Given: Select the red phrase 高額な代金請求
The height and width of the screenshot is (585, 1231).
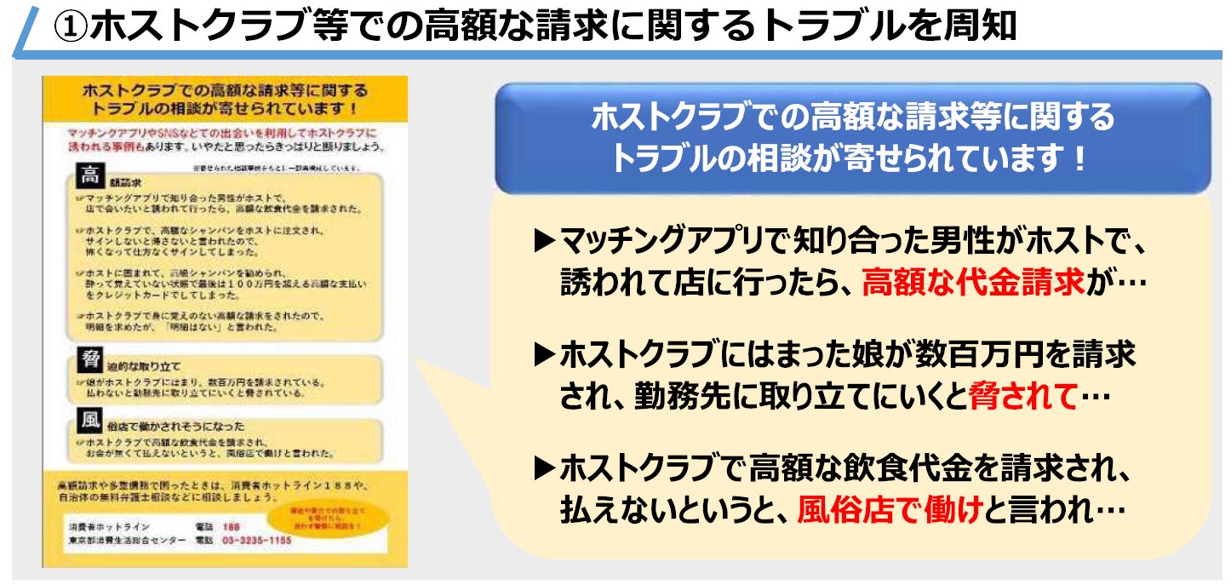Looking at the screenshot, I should coord(973,282).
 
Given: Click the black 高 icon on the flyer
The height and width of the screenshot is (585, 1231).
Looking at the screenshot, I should coord(89,177).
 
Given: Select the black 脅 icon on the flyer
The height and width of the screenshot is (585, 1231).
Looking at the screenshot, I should coord(89,359).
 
